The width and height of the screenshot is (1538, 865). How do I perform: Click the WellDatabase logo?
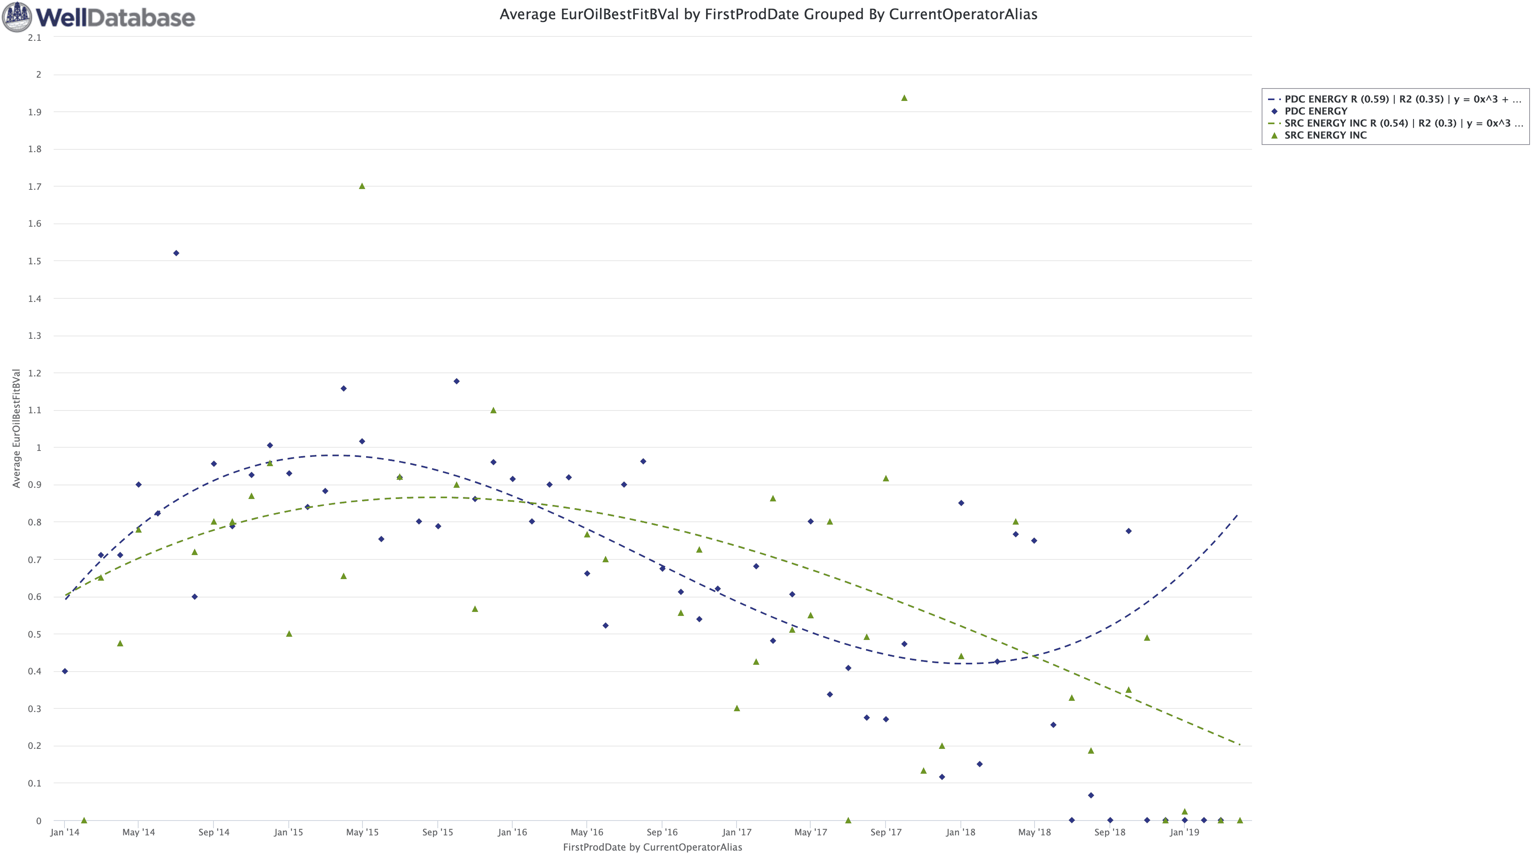(99, 17)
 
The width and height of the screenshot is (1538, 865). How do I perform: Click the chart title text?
(768, 14)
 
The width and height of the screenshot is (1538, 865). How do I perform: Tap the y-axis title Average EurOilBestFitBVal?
(16, 428)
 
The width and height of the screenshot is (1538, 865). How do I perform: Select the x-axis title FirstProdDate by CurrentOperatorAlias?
(652, 847)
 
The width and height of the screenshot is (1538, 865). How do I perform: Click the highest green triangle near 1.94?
(904, 98)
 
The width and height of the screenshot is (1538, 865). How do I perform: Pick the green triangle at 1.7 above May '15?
(362, 186)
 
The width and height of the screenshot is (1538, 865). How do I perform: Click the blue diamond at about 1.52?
(176, 253)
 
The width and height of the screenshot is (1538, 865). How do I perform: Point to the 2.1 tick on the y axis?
(34, 38)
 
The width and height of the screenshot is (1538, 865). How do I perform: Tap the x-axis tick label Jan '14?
(64, 832)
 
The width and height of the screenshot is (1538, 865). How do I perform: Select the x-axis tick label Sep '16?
(662, 832)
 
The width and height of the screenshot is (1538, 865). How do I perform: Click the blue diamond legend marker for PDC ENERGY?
(1274, 111)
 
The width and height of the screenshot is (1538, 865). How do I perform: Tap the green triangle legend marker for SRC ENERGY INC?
(1274, 135)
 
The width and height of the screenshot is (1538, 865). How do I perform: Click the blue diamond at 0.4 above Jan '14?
(65, 671)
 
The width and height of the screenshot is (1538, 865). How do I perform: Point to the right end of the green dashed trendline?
(1240, 744)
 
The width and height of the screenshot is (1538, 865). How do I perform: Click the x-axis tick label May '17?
(811, 832)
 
